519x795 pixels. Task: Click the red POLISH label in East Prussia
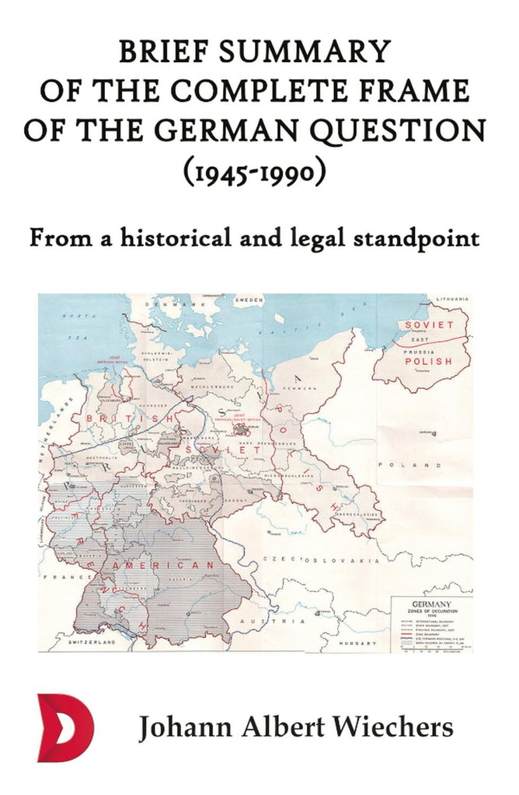point(427,362)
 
